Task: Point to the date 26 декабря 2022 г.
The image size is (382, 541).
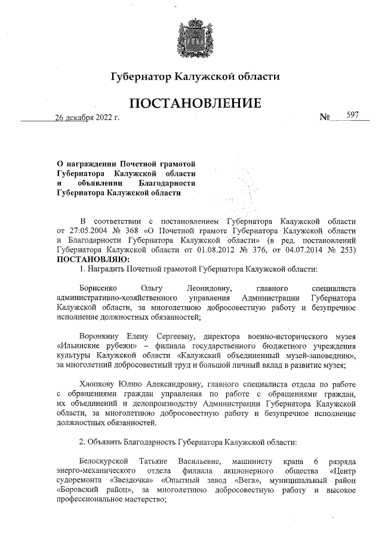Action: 87,117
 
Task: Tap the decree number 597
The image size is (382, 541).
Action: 352,115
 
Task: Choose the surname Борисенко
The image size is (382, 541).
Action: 101,288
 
